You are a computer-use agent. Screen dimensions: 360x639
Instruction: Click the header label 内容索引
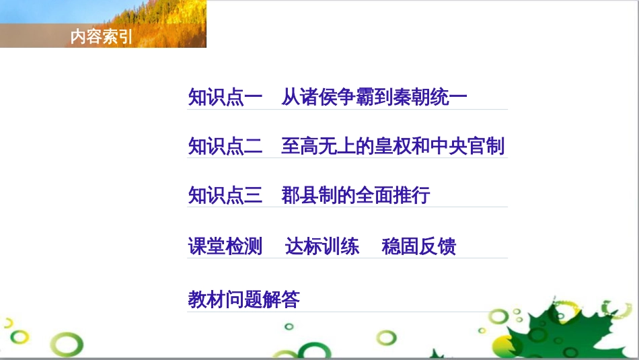click(x=102, y=37)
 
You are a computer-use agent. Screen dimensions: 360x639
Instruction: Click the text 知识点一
click(x=225, y=98)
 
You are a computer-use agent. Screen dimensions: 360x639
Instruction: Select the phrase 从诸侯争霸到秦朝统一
click(x=374, y=98)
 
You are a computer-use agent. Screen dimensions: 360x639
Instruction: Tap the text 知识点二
click(x=225, y=146)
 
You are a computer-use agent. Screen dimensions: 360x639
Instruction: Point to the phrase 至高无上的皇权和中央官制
click(x=393, y=146)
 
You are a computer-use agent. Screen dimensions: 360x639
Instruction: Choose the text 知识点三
click(x=225, y=196)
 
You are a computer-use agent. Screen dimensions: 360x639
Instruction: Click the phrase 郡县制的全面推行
click(x=356, y=196)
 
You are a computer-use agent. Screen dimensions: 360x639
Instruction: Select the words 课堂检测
click(x=225, y=246)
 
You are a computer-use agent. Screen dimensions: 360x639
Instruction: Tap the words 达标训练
click(x=322, y=246)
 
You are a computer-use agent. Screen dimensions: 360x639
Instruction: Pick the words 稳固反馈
click(x=419, y=246)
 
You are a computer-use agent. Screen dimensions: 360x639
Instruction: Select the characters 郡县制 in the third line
click(x=309, y=196)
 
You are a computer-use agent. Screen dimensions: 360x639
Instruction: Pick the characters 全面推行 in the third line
click(x=393, y=196)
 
